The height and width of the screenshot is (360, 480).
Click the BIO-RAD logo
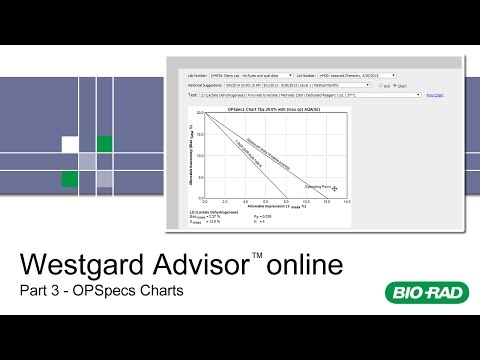[422, 293]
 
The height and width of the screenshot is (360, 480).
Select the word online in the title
[304, 266]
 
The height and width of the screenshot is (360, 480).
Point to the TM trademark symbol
[257, 256]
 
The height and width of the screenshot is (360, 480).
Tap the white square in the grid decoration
[70, 144]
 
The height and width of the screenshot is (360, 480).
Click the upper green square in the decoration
[104, 144]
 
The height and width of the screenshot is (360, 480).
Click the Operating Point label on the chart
[319, 186]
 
